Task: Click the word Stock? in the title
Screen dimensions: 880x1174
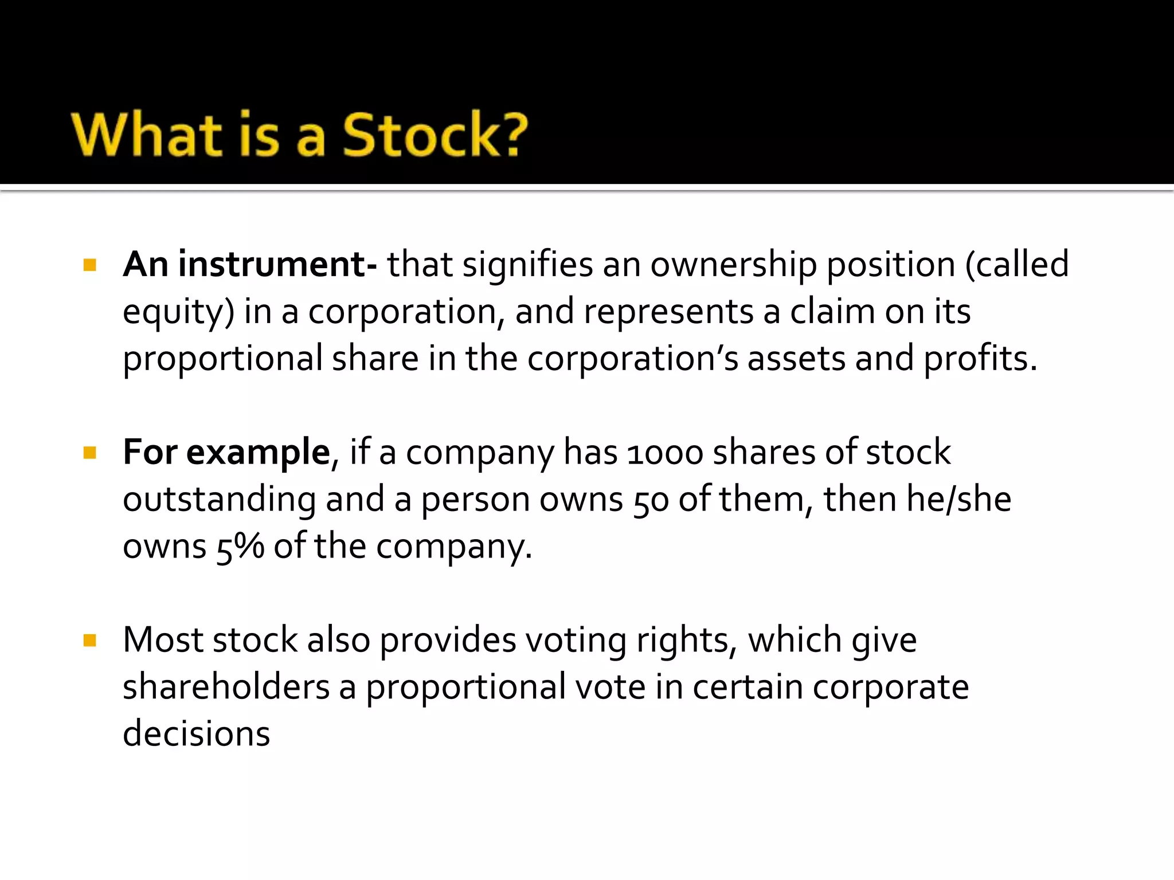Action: (435, 135)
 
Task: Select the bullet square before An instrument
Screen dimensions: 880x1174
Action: (90, 265)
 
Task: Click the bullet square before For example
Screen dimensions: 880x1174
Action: (90, 453)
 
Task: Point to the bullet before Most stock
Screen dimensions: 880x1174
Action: (90, 640)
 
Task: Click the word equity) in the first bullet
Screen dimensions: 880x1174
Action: (178, 312)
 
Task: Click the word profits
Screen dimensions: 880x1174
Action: (980, 359)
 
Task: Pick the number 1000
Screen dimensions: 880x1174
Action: (665, 453)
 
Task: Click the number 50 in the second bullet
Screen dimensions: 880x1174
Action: (651, 500)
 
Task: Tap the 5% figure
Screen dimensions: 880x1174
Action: (240, 547)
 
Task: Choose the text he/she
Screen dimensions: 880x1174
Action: (917, 499)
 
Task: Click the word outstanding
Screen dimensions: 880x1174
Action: (219, 500)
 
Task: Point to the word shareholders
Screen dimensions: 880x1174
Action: (226, 687)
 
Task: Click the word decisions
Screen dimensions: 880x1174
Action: (196, 734)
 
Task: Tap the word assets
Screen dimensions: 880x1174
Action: (796, 359)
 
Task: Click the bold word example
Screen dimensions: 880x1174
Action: (258, 453)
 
